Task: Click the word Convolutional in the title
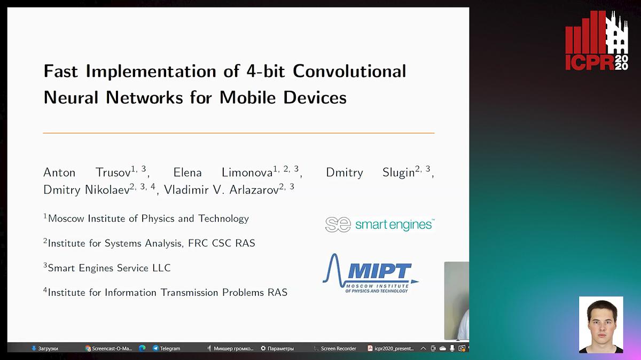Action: (349, 71)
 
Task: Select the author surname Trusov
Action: (113, 173)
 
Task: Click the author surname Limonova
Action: (247, 173)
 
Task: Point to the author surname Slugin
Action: (398, 173)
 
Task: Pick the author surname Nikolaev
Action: (107, 190)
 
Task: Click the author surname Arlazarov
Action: (254, 190)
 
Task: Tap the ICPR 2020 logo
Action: (597, 41)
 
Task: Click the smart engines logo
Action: (380, 224)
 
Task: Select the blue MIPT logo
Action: (371, 273)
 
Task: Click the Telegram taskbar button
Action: (167, 348)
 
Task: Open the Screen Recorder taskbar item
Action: (335, 348)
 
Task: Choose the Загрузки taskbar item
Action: (45, 348)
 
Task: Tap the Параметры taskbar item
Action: (277, 348)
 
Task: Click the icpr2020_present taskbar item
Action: (390, 348)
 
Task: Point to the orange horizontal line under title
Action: (239, 133)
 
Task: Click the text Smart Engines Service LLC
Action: (109, 268)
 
